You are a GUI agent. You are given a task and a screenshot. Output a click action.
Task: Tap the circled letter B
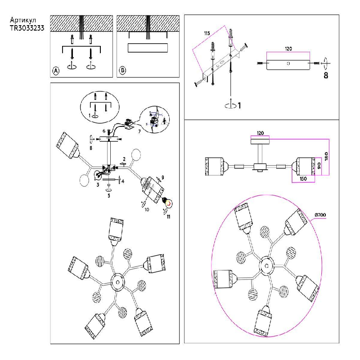click(x=122, y=71)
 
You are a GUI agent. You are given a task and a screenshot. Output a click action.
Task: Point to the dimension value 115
click(x=207, y=34)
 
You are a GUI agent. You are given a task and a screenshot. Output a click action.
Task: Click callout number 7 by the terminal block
click(x=139, y=132)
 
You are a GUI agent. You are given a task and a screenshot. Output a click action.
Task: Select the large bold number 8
click(x=326, y=75)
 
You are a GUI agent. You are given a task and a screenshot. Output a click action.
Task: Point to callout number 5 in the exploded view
click(x=108, y=195)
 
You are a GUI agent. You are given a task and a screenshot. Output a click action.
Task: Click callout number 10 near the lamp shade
click(x=147, y=209)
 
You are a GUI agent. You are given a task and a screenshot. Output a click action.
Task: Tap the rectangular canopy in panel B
click(x=148, y=48)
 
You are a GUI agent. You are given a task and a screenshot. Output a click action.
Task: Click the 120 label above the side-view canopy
click(x=260, y=133)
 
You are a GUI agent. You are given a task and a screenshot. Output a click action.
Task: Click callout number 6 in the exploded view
click(x=103, y=131)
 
